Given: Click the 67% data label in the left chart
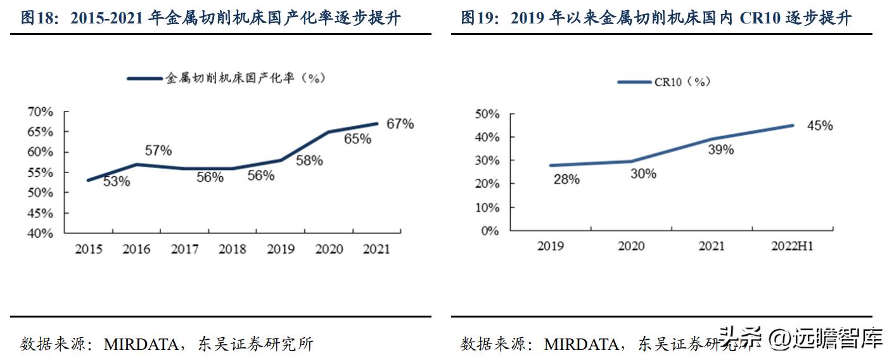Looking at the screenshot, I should (x=400, y=124).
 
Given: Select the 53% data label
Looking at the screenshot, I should (x=116, y=181).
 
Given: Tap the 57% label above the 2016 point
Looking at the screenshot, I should (x=158, y=151).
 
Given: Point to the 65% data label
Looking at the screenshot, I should (x=357, y=139).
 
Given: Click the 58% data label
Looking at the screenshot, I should (x=309, y=160).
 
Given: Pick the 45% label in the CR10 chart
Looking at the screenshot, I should (x=819, y=126).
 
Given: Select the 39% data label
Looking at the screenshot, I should (x=720, y=150).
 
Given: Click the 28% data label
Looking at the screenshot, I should (x=566, y=179).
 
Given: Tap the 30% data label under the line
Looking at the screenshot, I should (x=642, y=172).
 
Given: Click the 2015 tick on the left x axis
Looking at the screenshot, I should (x=89, y=249).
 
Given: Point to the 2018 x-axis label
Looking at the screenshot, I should (x=233, y=249).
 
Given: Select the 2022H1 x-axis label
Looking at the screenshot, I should (x=791, y=247).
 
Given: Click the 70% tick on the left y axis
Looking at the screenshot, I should (x=40, y=112).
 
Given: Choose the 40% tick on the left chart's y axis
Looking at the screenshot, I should (x=40, y=233).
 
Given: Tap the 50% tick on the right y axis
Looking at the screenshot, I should (x=486, y=114).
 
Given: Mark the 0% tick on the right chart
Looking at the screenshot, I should (x=490, y=231).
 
